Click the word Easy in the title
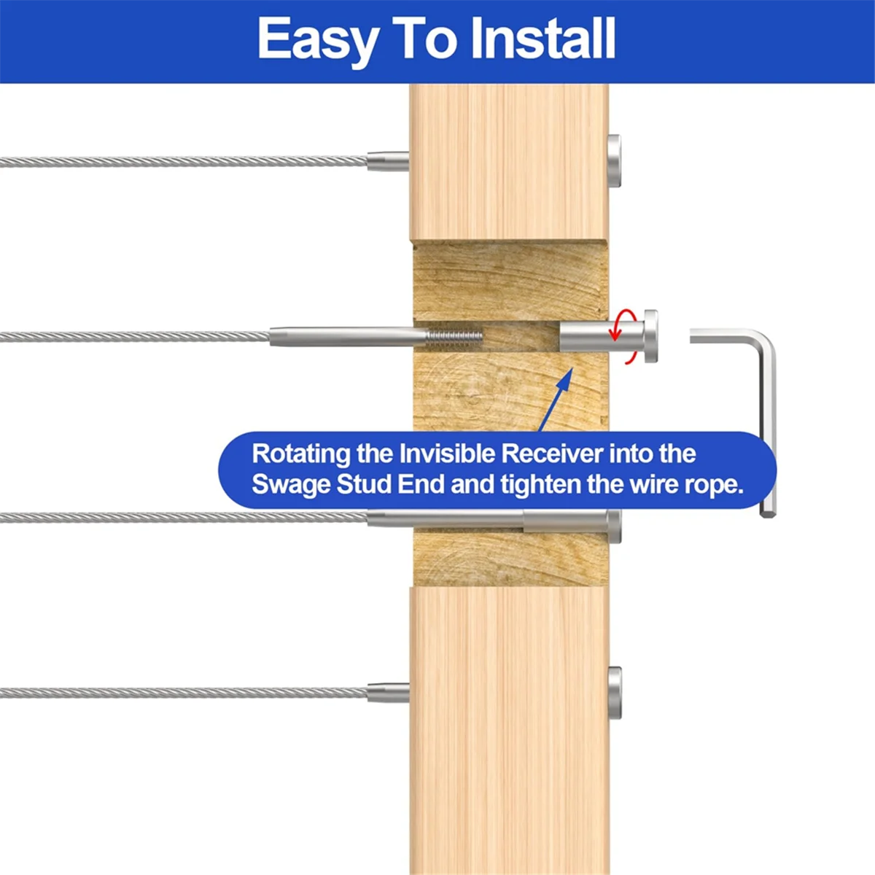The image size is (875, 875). coord(317,39)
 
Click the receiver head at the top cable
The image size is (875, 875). coord(615,160)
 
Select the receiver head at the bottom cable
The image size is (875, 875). coord(615,692)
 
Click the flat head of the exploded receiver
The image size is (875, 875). coord(649,336)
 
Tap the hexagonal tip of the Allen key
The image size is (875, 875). coord(767,512)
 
